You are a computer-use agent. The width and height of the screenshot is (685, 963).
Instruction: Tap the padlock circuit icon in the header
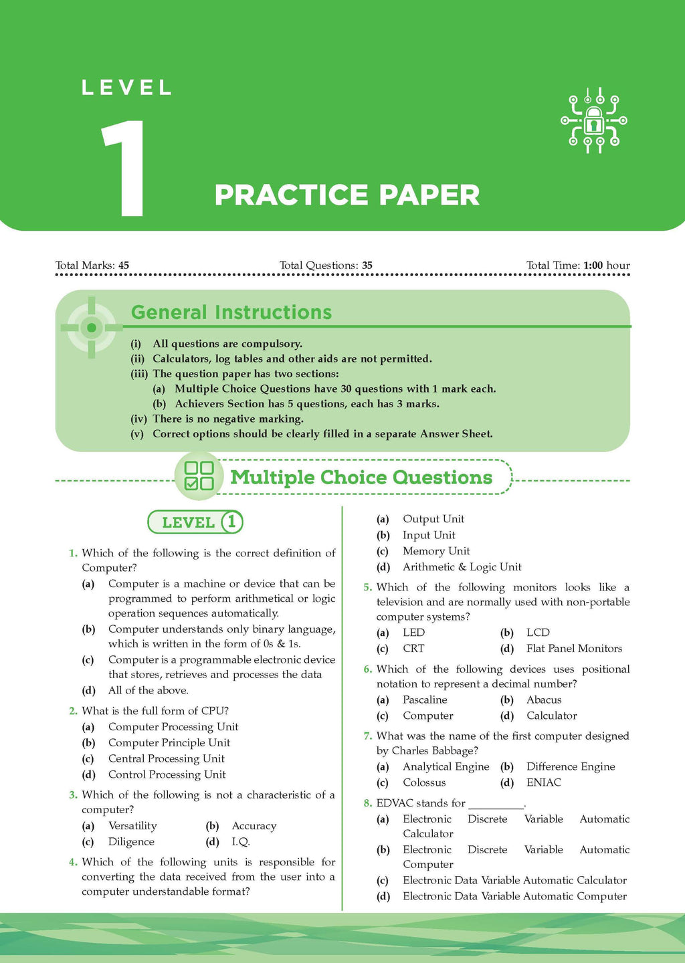(593, 121)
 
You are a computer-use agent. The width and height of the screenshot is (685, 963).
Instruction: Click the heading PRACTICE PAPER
(347, 195)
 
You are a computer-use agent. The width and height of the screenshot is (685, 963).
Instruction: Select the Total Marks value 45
(124, 265)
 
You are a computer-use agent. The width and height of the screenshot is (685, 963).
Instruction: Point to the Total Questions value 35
(367, 265)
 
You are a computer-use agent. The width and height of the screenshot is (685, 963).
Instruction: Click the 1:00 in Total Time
(593, 265)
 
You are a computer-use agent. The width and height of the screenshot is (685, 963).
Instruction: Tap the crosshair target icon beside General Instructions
(92, 327)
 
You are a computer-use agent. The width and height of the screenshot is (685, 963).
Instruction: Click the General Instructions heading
(231, 312)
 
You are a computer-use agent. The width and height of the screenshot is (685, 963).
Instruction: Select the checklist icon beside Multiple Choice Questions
(199, 476)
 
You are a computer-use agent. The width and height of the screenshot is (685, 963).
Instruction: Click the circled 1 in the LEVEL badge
(231, 522)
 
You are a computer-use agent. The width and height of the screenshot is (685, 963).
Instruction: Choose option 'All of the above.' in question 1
(148, 690)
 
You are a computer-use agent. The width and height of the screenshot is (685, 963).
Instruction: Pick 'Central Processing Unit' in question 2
(166, 758)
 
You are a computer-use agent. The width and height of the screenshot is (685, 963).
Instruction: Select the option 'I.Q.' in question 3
(241, 842)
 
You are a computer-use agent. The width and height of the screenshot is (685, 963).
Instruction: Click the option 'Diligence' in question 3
(131, 842)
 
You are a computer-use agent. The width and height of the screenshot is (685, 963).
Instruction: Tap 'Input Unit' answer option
(429, 535)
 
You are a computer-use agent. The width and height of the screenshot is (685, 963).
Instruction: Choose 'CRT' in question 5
(413, 649)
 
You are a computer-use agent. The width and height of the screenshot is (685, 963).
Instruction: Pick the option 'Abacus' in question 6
(544, 700)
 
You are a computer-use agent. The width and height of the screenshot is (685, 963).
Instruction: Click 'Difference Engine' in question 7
(571, 766)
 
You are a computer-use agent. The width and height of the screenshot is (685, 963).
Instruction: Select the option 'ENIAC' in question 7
(543, 782)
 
